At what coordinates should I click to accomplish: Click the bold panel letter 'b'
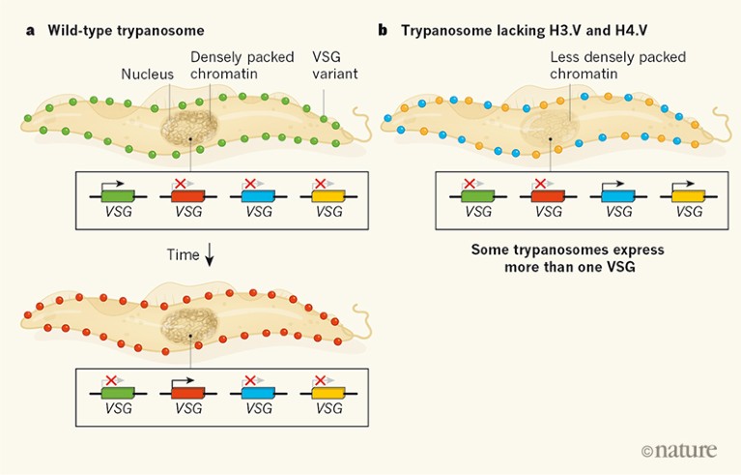(383, 30)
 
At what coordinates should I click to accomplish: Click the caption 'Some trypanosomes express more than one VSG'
(567, 256)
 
